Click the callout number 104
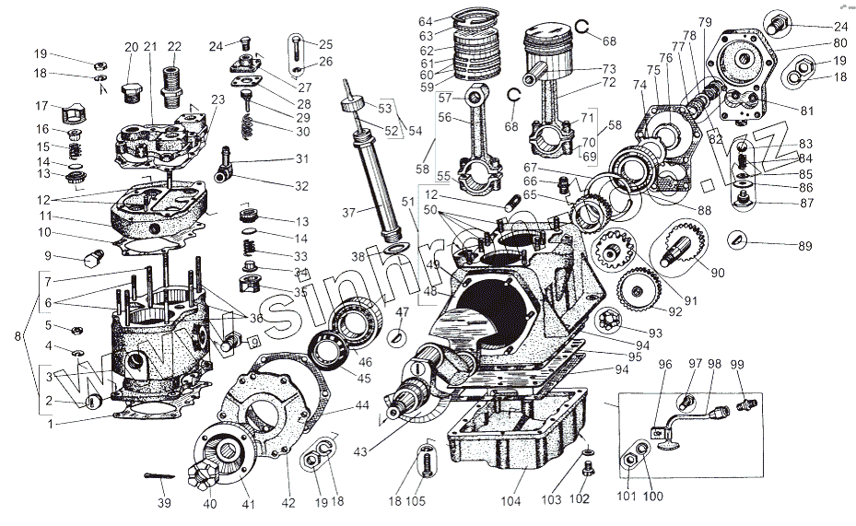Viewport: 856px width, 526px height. click(511, 501)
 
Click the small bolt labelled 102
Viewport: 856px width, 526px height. click(589, 471)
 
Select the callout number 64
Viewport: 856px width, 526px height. click(424, 21)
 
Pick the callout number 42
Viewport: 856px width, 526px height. click(288, 501)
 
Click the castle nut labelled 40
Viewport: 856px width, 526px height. click(199, 475)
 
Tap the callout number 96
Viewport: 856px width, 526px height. click(665, 363)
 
